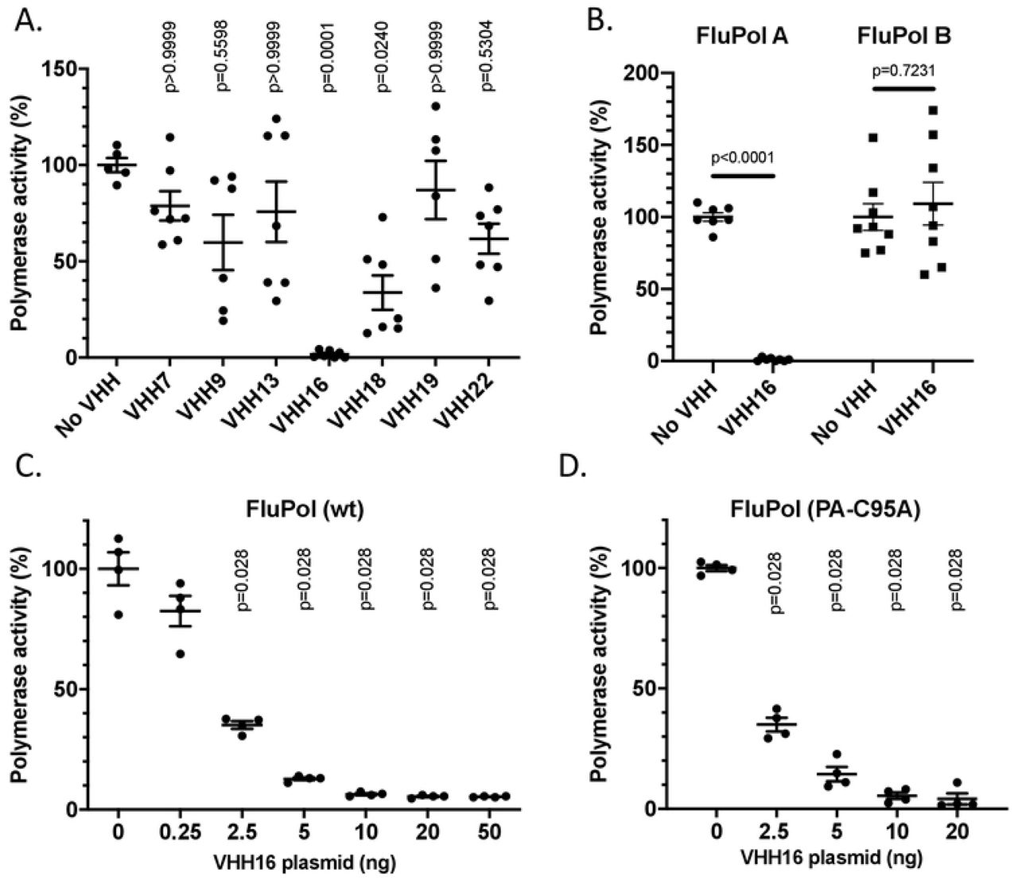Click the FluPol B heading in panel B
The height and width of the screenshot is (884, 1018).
[905, 37]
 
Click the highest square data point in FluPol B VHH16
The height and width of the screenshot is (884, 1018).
[933, 111]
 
